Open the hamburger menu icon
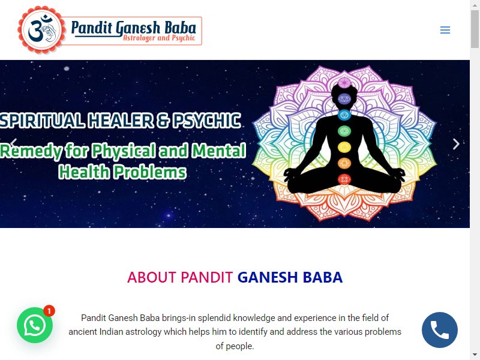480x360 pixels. coord(445,30)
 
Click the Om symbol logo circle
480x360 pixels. coord(41,30)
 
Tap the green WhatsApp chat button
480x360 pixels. coord(35,325)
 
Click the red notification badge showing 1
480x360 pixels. coord(49,311)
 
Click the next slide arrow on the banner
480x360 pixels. coord(456,144)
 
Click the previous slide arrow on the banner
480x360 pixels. coord(13,143)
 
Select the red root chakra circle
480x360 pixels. coord(344,179)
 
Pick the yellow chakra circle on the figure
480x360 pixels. coord(344,147)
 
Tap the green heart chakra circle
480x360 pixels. coord(344,131)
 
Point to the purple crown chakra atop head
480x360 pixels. coord(344,83)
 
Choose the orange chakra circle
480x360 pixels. coord(344,163)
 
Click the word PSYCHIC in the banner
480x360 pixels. coord(206,121)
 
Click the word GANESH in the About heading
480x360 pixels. coord(268,277)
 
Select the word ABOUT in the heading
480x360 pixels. coord(152,277)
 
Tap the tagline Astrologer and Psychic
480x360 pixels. coord(159,38)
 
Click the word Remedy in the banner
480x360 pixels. coord(31,152)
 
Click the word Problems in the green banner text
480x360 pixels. coord(150,172)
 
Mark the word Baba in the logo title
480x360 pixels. coord(181,28)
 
